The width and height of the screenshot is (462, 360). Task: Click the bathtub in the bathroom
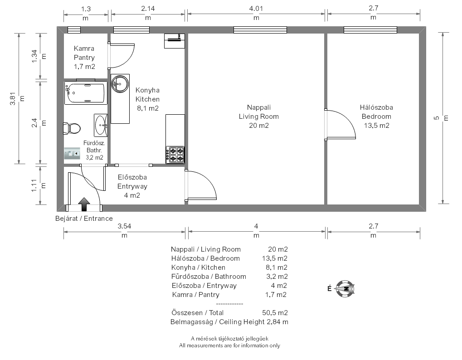(x=86, y=93)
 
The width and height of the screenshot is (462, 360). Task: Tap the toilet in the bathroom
(x=72, y=129)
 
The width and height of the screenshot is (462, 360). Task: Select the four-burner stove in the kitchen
(x=175, y=155)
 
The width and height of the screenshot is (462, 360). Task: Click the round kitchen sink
(x=120, y=83)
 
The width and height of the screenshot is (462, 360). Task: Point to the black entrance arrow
(x=84, y=204)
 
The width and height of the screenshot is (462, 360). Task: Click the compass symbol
(x=345, y=289)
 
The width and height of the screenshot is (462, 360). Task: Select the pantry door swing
(x=121, y=56)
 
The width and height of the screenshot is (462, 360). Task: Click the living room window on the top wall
(x=260, y=30)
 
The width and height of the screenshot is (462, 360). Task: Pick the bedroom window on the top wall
(x=370, y=30)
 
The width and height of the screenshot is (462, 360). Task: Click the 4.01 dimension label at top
(x=256, y=9)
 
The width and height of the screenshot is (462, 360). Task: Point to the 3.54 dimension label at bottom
(x=124, y=226)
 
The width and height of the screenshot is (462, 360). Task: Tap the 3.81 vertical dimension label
(x=13, y=99)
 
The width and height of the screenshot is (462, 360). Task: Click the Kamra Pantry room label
(x=84, y=53)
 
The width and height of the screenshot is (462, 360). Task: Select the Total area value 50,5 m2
(x=275, y=312)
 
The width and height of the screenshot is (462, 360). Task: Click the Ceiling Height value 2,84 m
(x=277, y=322)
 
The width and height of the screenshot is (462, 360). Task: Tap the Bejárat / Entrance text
(x=84, y=219)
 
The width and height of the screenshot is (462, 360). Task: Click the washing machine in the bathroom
(x=72, y=153)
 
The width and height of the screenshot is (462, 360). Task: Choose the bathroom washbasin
(x=101, y=126)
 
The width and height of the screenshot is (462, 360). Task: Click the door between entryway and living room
(x=201, y=185)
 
